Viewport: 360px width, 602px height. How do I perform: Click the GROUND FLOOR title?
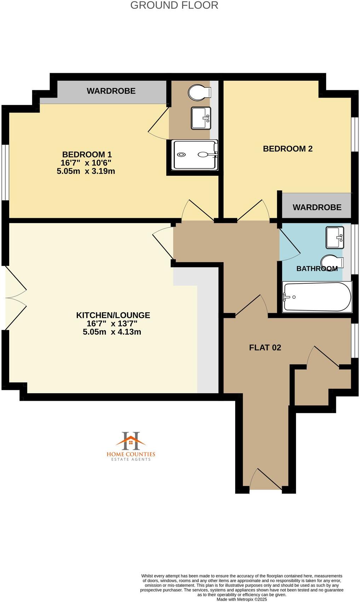click(174, 5)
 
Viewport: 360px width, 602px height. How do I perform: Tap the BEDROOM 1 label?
click(87, 155)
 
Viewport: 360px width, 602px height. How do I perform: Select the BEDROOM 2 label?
click(288, 149)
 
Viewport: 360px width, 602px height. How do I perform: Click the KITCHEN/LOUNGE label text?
click(113, 315)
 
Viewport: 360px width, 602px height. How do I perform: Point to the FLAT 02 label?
click(265, 347)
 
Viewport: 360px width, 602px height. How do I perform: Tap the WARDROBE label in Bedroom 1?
click(111, 91)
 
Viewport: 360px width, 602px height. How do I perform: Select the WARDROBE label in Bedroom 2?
click(317, 207)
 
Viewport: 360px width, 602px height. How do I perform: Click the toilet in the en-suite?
click(199, 93)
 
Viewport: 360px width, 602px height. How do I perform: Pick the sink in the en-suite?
click(201, 118)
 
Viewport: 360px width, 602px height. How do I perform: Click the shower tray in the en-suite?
click(194, 155)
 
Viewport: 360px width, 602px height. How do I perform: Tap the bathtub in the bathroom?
click(317, 297)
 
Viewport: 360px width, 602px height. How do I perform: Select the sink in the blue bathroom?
click(334, 237)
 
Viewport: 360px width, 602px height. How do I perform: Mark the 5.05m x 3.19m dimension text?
click(86, 171)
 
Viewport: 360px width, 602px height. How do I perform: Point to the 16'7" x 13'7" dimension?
click(112, 323)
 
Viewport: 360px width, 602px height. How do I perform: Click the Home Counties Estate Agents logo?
click(131, 446)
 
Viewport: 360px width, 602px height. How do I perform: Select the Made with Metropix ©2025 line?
click(242, 599)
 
